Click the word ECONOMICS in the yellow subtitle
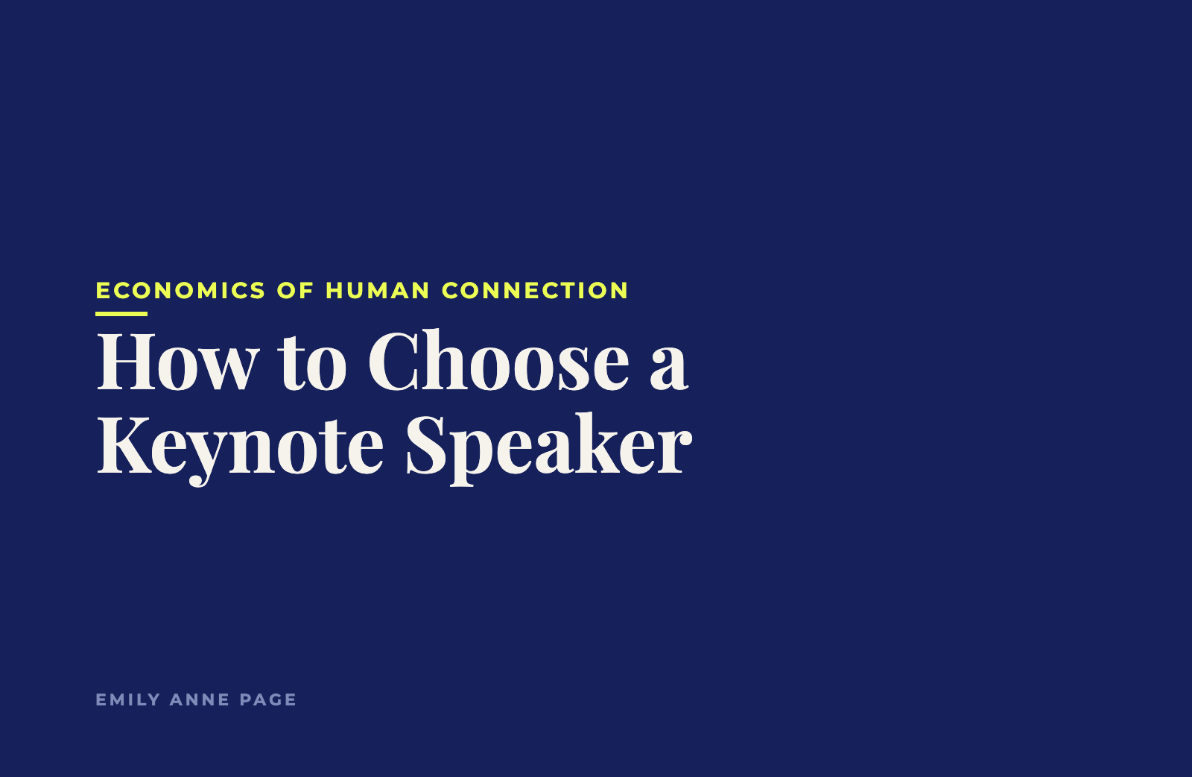(x=180, y=291)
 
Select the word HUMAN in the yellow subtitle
(x=377, y=291)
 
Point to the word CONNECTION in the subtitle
(x=535, y=291)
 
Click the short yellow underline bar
(x=121, y=314)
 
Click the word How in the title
(x=178, y=362)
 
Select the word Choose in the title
(x=498, y=361)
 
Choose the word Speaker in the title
(x=549, y=449)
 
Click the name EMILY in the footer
(x=127, y=699)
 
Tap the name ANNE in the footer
(x=200, y=699)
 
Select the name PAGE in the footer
(x=268, y=699)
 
